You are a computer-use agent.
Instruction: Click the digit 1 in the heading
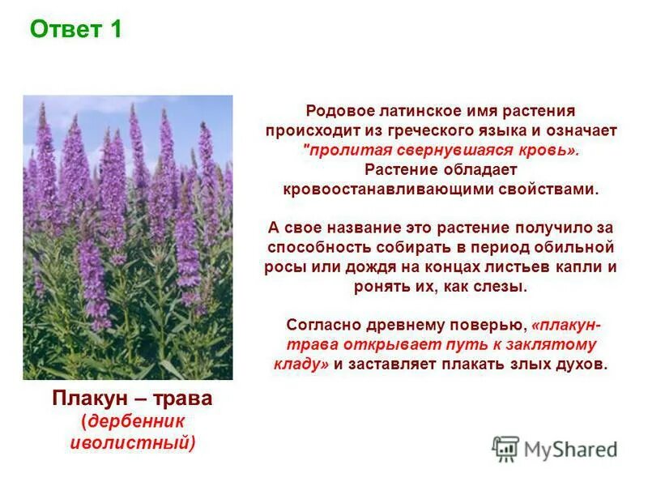click(115, 31)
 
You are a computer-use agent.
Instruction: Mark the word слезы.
click(502, 286)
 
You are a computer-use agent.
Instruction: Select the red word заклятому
click(546, 344)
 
